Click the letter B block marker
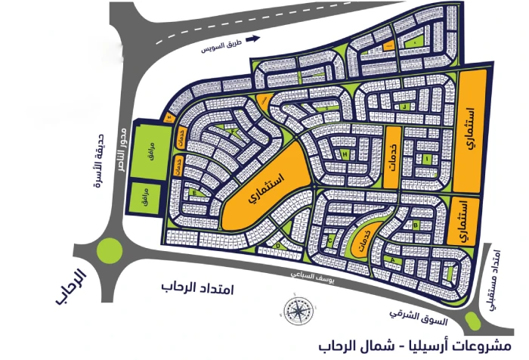[x=416, y=225]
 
